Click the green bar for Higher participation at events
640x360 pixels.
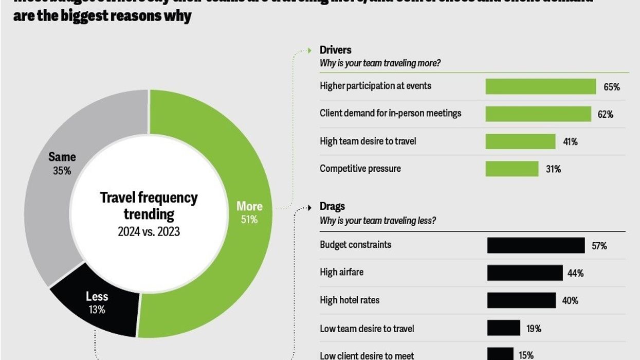(x=540, y=86)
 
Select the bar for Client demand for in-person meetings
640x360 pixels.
(x=538, y=114)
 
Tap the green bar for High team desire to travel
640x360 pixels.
(x=520, y=141)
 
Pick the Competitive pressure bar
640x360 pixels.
(x=511, y=169)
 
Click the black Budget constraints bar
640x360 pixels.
(x=536, y=245)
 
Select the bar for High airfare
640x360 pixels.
(x=524, y=273)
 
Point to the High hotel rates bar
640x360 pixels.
(x=521, y=300)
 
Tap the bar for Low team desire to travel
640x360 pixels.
(x=503, y=328)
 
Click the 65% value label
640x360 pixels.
(x=612, y=87)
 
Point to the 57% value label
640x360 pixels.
(x=599, y=246)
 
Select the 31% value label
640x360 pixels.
(x=553, y=169)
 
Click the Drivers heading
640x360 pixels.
(x=335, y=50)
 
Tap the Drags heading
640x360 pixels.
(x=332, y=206)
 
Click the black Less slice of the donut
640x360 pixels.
(x=95, y=309)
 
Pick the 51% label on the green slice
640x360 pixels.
(x=249, y=220)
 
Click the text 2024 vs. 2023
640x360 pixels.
(x=149, y=232)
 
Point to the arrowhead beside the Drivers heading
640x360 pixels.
(x=309, y=50)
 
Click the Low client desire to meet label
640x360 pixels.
(x=367, y=355)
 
